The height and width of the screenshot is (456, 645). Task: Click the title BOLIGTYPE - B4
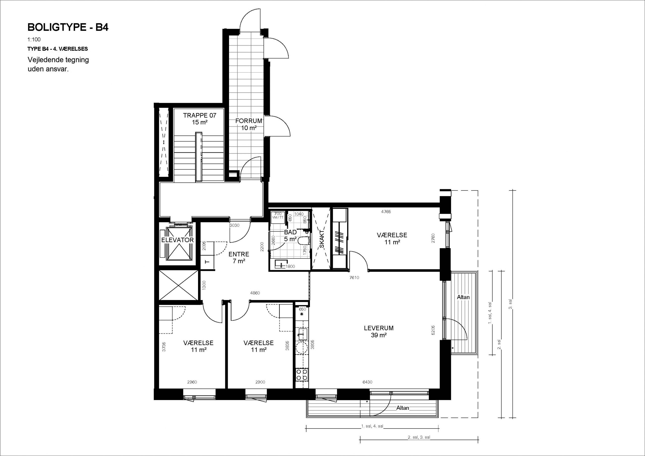(x=68, y=27)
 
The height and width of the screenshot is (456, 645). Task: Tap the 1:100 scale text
(x=34, y=40)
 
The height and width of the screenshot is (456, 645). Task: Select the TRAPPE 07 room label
(x=200, y=115)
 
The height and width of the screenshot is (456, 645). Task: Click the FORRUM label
(x=249, y=121)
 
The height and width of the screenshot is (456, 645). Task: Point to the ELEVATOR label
(x=178, y=240)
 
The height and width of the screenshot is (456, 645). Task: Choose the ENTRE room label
(x=239, y=254)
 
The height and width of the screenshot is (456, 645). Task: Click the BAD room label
(x=290, y=232)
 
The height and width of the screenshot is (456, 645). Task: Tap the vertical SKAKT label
(x=322, y=239)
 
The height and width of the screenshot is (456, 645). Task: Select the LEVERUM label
(x=379, y=328)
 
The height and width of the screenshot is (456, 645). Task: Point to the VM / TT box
(x=278, y=215)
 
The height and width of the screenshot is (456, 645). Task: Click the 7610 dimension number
(x=354, y=278)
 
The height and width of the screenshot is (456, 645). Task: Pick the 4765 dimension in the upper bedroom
(x=386, y=212)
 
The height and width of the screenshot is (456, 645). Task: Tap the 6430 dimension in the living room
(x=367, y=382)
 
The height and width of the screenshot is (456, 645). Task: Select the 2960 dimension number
(x=192, y=382)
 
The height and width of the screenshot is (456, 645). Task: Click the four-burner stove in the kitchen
(x=302, y=375)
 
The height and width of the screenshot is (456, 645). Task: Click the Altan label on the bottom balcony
(x=403, y=408)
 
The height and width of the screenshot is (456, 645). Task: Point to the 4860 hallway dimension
(x=255, y=293)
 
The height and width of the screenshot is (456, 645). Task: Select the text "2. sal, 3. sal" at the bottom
(x=419, y=437)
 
